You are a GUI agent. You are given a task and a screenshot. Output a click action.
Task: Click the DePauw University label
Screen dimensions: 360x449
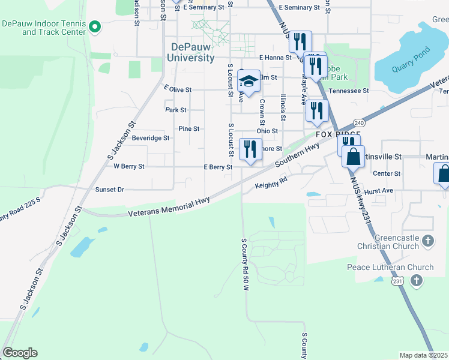point(192,52)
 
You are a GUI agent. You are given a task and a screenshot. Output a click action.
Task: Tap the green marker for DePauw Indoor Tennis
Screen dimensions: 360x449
point(95,26)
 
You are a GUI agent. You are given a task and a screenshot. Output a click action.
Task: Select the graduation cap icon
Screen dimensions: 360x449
point(249,80)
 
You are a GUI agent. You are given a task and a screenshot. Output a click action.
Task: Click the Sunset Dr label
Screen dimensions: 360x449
point(109,190)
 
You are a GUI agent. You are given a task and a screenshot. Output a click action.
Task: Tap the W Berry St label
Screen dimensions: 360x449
point(128,166)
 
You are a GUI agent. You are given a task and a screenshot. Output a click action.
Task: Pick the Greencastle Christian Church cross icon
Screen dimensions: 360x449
point(427,241)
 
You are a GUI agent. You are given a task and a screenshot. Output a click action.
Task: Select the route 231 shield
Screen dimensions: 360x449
point(396,280)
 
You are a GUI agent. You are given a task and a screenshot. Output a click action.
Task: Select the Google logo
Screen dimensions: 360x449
point(20,353)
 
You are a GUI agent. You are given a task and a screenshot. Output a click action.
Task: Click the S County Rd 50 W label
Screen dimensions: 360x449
point(245,265)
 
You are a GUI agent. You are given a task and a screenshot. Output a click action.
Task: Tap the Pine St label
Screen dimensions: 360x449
point(188,128)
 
